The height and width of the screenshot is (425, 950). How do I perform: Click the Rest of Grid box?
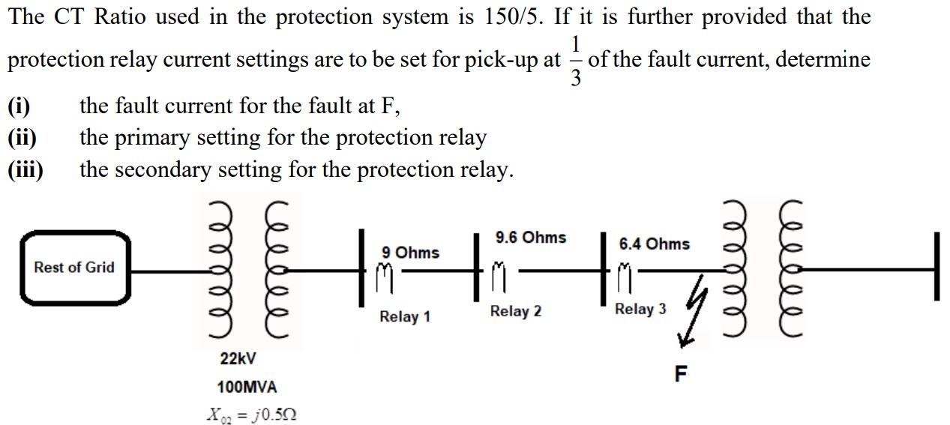click(x=74, y=268)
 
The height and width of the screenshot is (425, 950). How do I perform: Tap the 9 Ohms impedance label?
click(x=410, y=253)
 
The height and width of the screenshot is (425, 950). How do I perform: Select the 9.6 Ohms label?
click(x=531, y=238)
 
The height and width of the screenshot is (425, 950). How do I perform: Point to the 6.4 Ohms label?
click(x=654, y=244)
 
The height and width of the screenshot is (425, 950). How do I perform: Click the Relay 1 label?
click(x=405, y=316)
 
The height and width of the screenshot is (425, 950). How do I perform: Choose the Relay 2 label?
click(x=515, y=311)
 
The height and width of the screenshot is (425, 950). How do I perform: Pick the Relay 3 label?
click(x=640, y=309)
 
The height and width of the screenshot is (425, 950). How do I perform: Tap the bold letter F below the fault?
click(x=681, y=374)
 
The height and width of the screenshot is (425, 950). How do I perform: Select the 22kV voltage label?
click(x=238, y=359)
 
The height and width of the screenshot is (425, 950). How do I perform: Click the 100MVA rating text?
click(x=247, y=388)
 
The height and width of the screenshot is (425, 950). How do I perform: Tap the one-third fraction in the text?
click(x=575, y=61)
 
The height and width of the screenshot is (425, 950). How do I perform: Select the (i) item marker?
click(x=19, y=106)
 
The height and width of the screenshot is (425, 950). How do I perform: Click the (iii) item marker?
click(x=25, y=169)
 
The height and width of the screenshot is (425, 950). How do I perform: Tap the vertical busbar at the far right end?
click(x=936, y=267)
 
